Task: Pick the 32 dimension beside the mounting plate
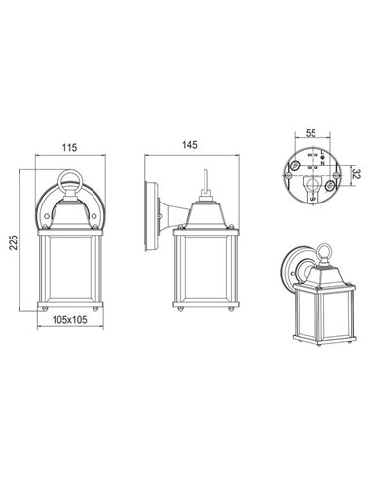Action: pos(356,175)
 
